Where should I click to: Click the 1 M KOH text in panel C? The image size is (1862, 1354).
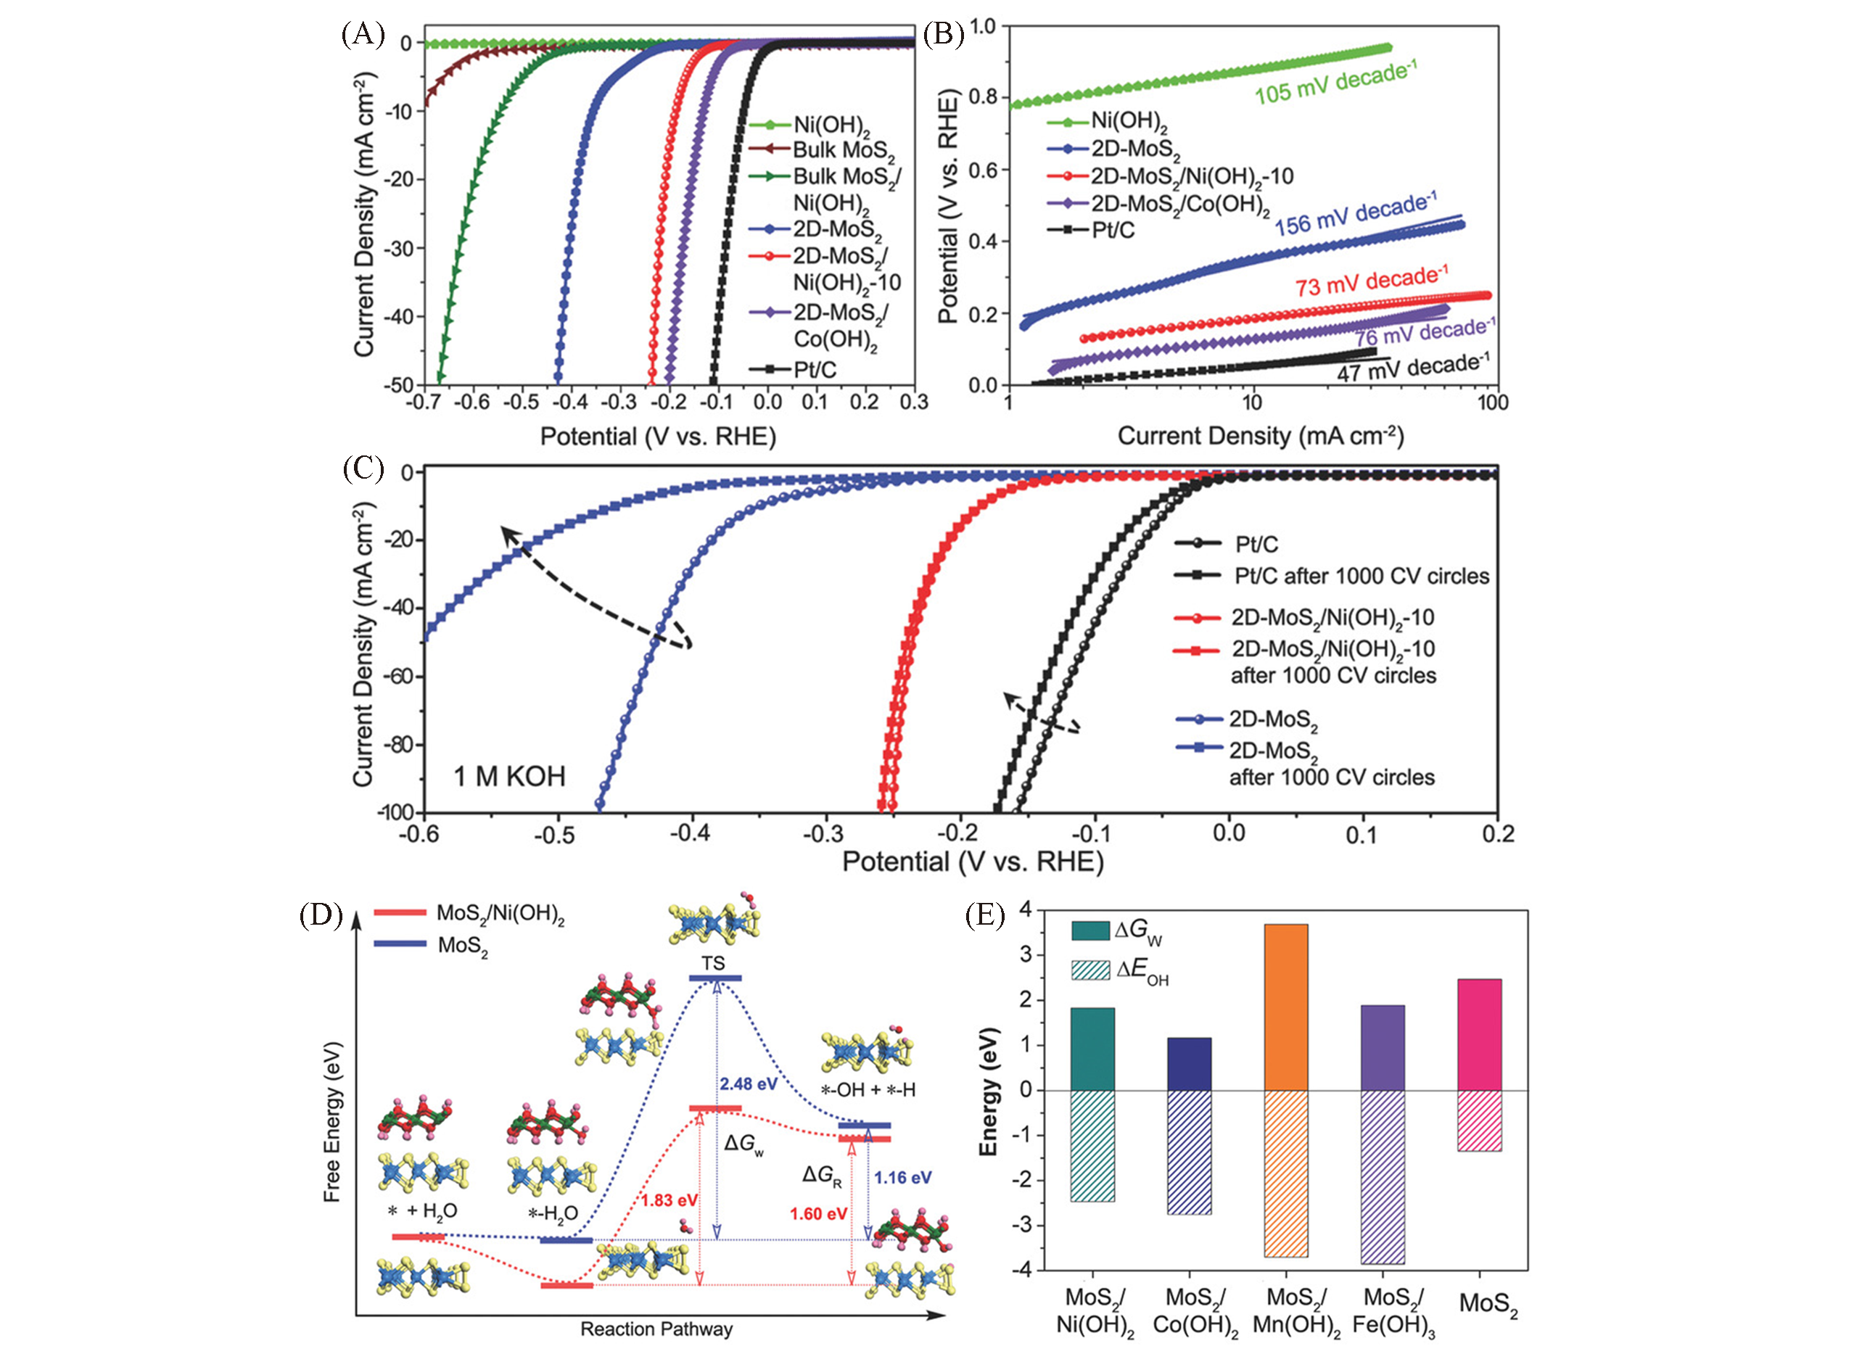pyautogui.click(x=510, y=776)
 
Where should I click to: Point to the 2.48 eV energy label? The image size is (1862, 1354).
pyautogui.click(x=749, y=1084)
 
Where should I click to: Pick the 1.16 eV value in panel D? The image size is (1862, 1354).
pyautogui.click(x=902, y=1178)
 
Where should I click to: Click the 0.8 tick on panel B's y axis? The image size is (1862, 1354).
pyautogui.click(x=983, y=98)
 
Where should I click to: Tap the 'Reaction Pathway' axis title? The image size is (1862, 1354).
pyautogui.click(x=656, y=1329)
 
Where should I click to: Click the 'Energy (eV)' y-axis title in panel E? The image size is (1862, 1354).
pyautogui.click(x=989, y=1091)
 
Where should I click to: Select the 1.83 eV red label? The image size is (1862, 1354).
pyautogui.click(x=669, y=1200)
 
